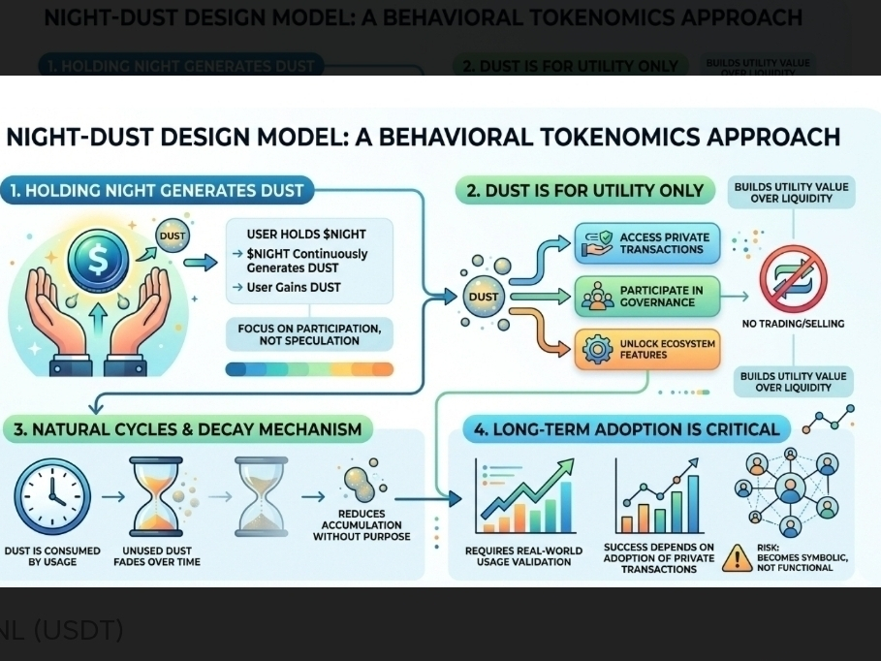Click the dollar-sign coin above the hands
pos(98,259)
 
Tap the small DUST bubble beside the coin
pos(173,235)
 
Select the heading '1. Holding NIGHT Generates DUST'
pos(157,191)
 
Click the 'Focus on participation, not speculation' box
pos(309,334)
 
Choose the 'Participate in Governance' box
pos(648,297)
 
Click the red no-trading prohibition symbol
pos(794,276)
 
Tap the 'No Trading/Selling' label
pos(793,324)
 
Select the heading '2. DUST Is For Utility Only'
pos(584,191)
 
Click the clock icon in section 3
pos(52,496)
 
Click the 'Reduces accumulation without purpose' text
pos(362,525)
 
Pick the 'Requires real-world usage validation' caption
pos(523,555)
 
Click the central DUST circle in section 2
pos(483,297)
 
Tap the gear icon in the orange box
pos(599,349)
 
